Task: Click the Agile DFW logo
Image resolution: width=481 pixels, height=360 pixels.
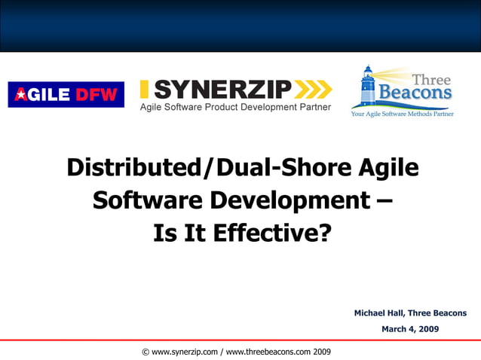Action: (66, 94)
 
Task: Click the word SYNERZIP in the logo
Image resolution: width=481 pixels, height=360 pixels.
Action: (222, 90)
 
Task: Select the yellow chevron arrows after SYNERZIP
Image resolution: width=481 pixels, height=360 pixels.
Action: (312, 90)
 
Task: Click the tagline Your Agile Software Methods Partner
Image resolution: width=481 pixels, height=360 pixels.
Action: (402, 114)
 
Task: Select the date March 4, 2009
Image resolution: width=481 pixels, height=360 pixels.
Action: (410, 329)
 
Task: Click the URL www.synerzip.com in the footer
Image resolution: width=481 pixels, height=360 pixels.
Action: (185, 352)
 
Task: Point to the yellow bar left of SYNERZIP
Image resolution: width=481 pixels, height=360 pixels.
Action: (144, 90)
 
